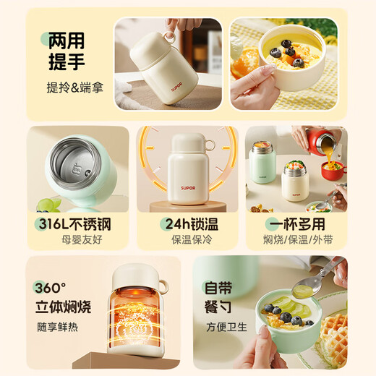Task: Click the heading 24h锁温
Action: tap(187, 222)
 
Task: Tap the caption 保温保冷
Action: tap(187, 239)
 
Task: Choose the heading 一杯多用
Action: tap(296, 222)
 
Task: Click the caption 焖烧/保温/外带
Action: tap(296, 239)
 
